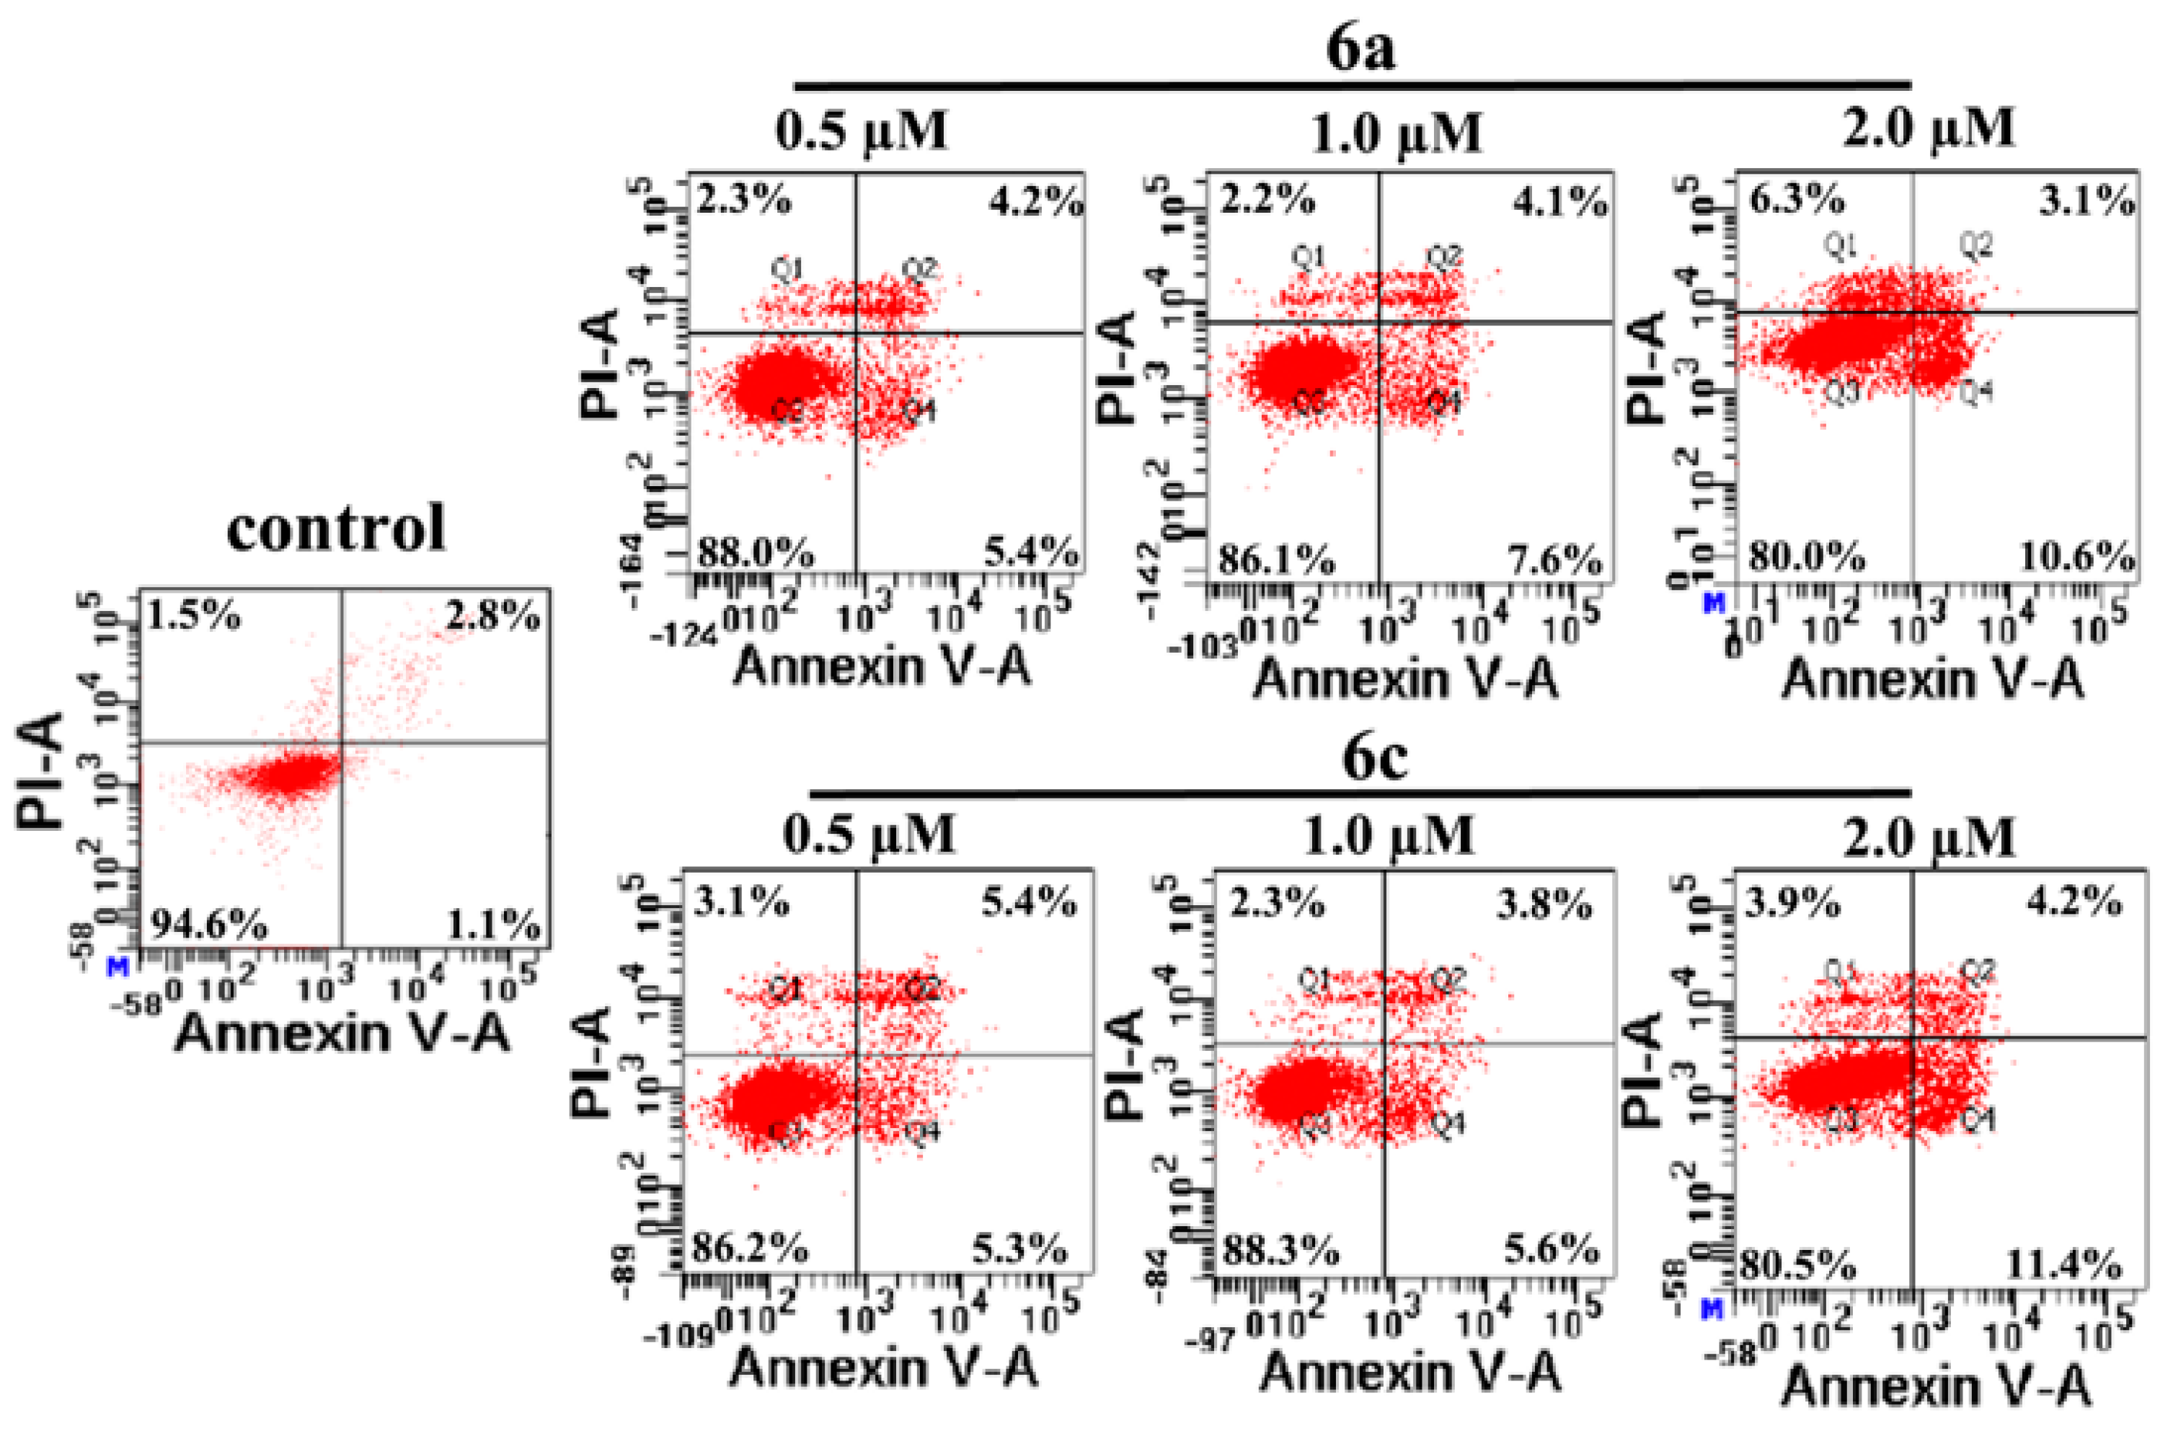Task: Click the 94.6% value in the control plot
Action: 208,927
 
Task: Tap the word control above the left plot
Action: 336,528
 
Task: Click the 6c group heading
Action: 1374,757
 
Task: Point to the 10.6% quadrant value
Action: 2075,556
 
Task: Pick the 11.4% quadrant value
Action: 2063,1266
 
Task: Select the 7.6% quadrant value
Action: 1555,560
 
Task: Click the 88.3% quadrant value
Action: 1280,1250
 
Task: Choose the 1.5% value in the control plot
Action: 195,617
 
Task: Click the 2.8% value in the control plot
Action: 493,617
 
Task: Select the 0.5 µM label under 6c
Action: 869,834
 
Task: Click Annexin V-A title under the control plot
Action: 342,1034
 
